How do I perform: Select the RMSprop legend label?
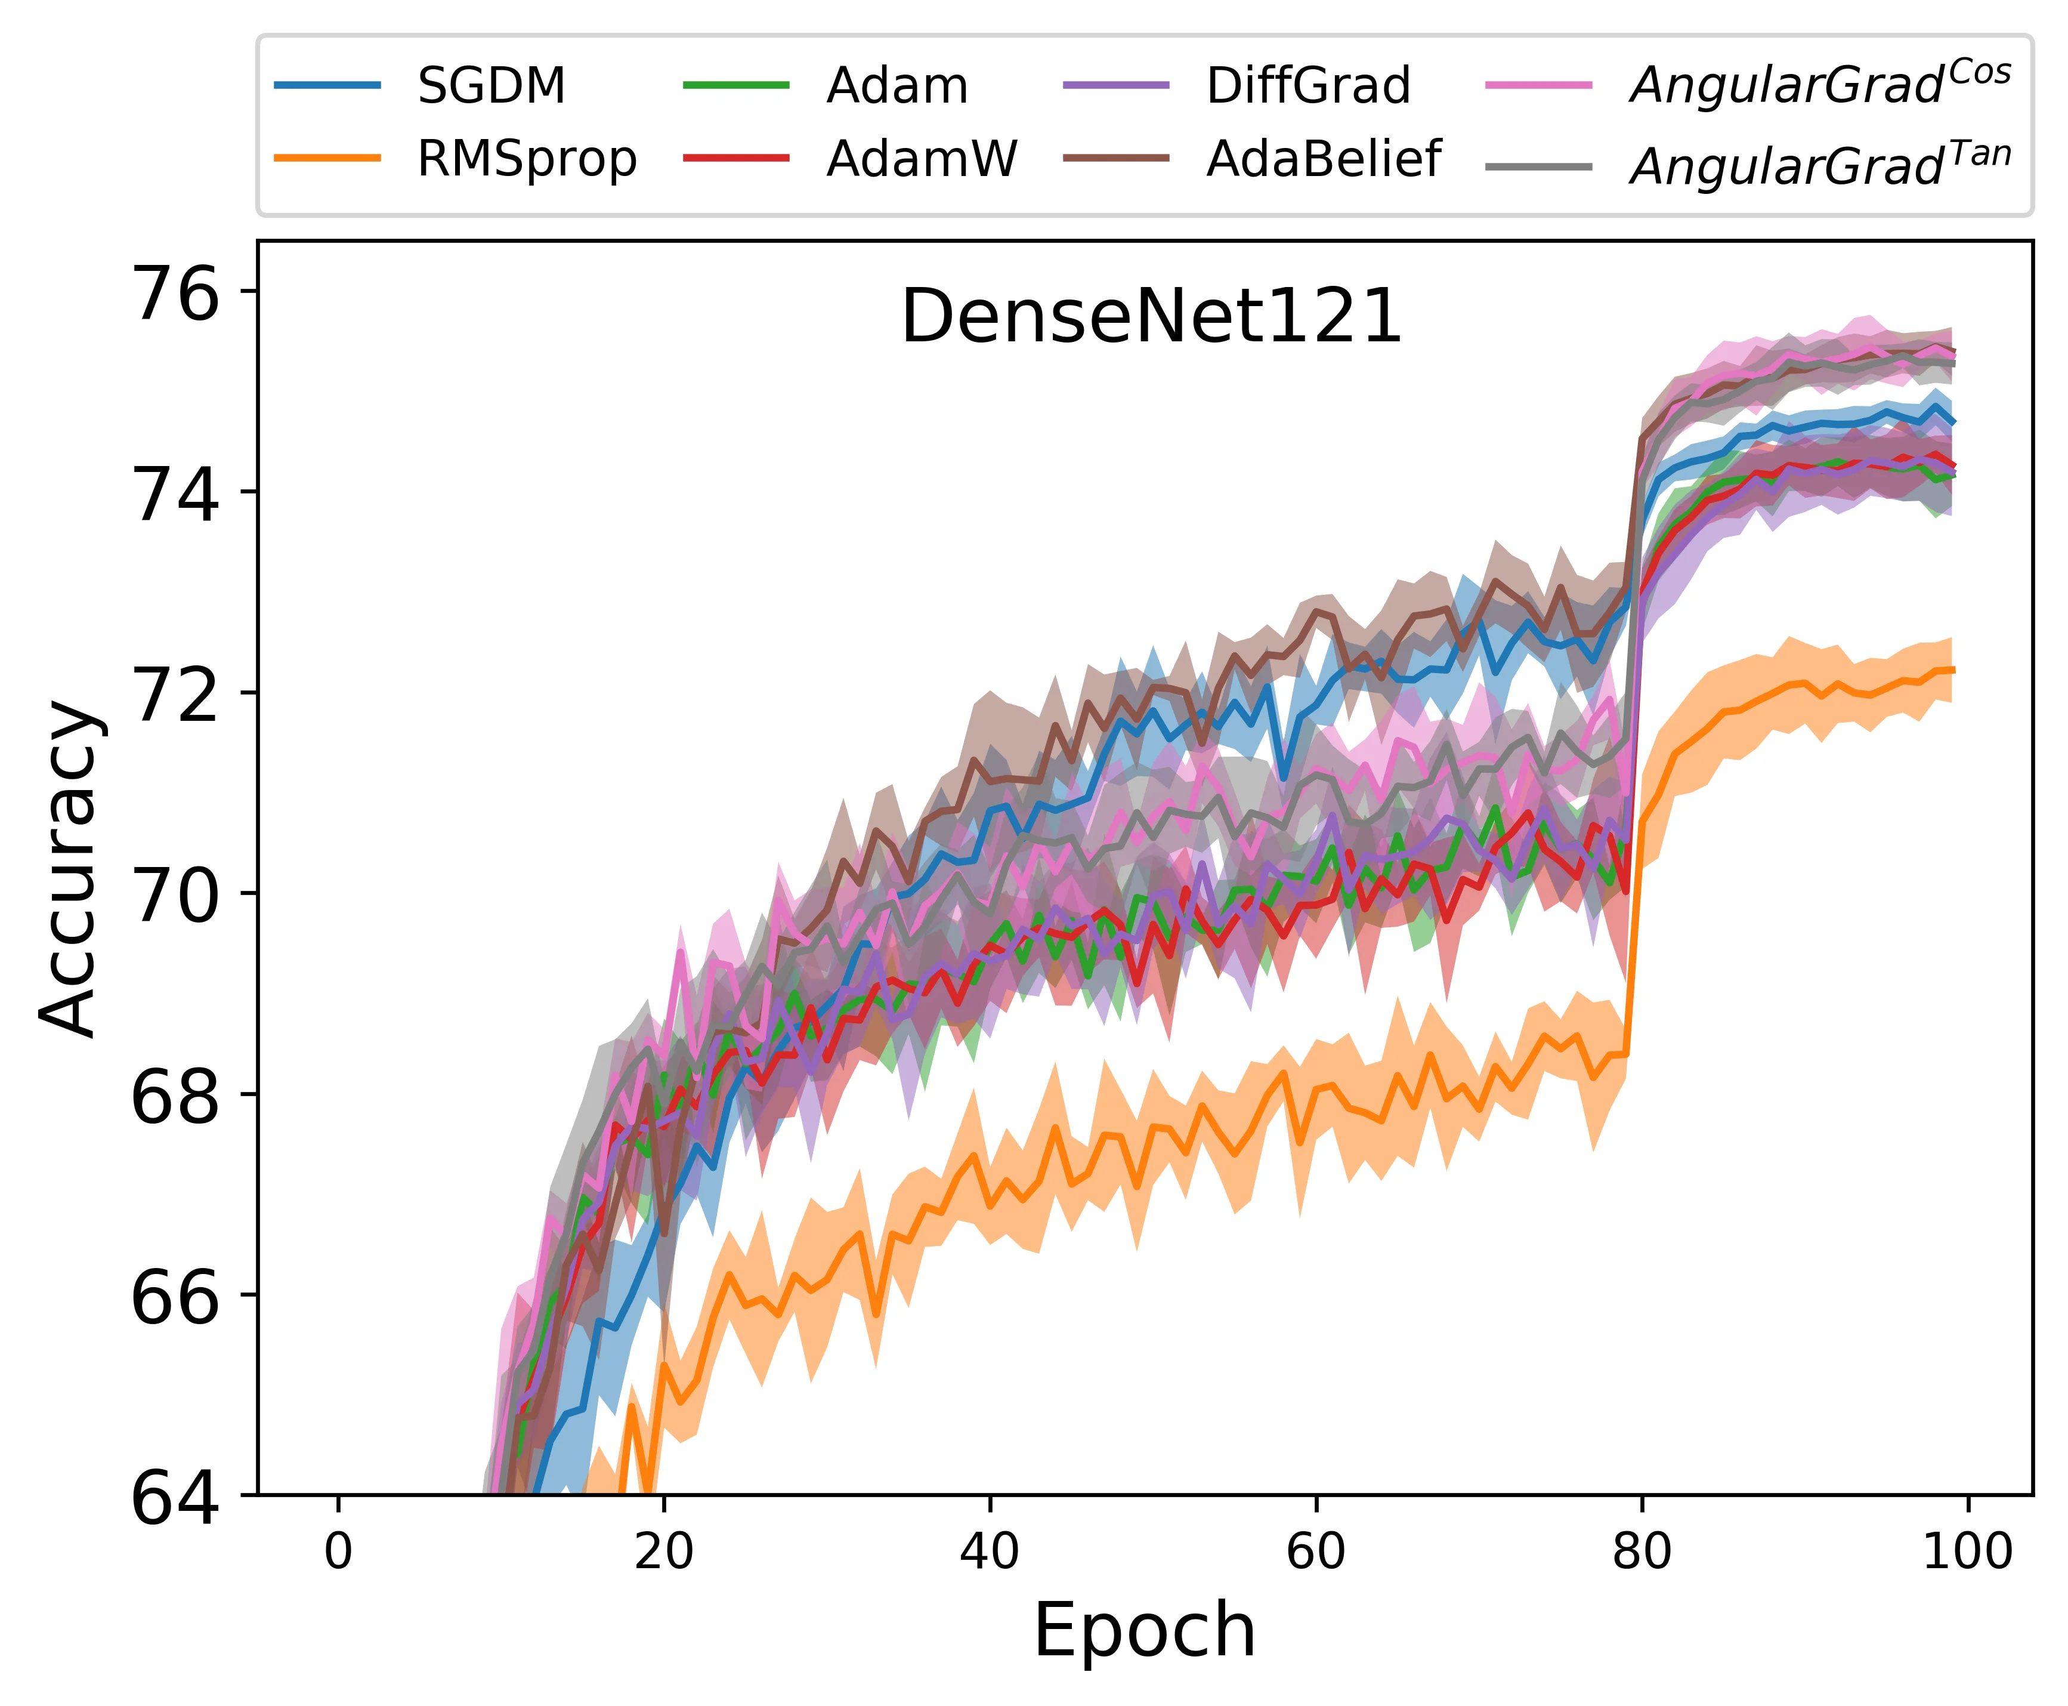[x=527, y=159]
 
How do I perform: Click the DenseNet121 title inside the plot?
[x=1151, y=317]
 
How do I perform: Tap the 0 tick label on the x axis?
[x=338, y=1553]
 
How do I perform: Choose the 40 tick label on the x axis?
[x=990, y=1553]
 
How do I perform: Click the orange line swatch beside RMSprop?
[x=327, y=158]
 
